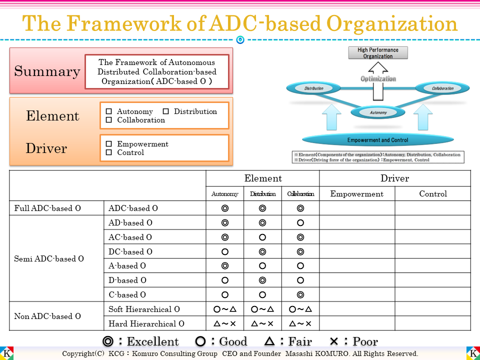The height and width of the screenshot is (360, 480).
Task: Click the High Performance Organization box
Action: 377,53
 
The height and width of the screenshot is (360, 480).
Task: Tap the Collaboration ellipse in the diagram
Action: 442,88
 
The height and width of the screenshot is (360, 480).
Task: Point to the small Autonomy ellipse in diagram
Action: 378,112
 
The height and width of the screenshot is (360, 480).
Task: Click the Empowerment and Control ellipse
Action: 377,140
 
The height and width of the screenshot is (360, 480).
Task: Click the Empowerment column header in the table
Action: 357,194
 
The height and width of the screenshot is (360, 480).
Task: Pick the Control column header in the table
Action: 433,194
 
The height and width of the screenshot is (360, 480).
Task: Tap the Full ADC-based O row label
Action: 47,208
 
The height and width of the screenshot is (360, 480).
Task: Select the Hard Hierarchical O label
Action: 146,323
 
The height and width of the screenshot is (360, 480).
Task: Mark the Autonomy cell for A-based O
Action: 225,266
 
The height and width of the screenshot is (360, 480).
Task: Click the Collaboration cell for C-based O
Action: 300,295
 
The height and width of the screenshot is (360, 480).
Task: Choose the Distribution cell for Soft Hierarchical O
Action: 262,309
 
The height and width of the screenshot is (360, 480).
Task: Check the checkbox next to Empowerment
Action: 109,144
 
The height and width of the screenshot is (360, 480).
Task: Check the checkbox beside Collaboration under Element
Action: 109,120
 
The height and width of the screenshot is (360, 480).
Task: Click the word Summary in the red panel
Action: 47,71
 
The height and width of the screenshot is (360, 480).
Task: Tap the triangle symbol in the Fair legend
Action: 269,341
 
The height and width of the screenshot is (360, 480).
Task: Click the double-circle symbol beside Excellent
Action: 107,341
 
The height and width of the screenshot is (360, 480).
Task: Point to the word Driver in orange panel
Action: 46,148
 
